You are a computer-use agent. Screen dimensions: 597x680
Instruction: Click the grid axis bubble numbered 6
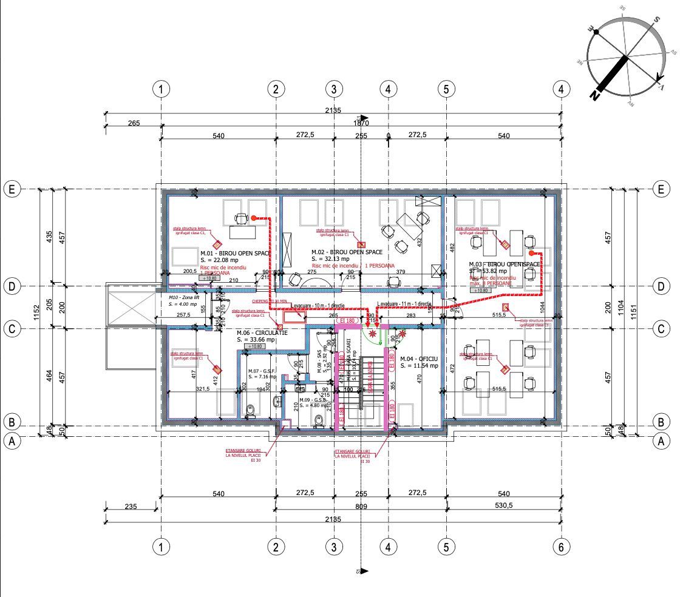(562, 547)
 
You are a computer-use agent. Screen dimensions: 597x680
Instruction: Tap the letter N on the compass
(594, 95)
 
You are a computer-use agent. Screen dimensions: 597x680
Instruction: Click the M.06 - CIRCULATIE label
(262, 333)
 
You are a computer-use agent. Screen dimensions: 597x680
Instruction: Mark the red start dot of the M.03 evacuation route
(531, 252)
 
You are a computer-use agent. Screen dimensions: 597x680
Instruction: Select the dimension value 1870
(362, 123)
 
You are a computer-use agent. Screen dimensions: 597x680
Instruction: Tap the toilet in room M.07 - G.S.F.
(250, 411)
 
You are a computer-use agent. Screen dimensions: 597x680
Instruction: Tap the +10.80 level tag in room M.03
(480, 290)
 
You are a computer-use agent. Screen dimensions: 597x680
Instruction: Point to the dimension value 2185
(333, 518)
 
